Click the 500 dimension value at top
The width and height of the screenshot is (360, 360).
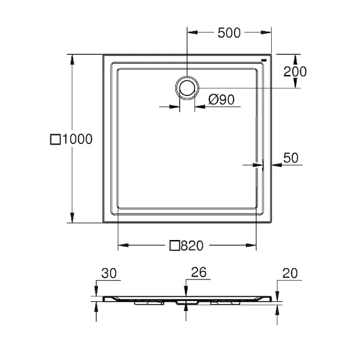click(x=229, y=32)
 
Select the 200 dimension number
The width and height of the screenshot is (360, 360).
click(x=295, y=71)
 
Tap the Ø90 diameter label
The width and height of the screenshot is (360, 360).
click(x=221, y=100)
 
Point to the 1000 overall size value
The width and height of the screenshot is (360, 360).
click(x=77, y=139)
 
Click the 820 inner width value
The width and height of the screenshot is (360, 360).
click(x=192, y=245)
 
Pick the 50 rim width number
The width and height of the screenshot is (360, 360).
click(x=290, y=158)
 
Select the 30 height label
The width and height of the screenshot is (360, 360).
click(x=109, y=273)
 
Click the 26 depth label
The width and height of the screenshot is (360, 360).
click(x=199, y=272)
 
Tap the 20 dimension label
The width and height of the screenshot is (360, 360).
click(x=290, y=273)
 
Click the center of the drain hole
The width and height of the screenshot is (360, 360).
click(x=187, y=88)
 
